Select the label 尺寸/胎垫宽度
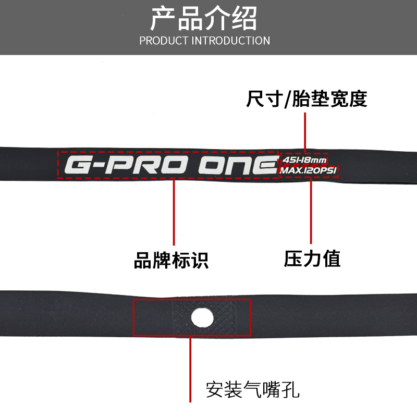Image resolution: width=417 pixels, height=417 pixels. pos(306,99)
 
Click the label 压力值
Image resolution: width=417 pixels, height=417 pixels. pos(312,259)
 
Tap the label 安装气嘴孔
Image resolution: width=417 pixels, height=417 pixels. pos(253,389)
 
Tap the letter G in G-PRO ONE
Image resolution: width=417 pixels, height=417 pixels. pos(79,166)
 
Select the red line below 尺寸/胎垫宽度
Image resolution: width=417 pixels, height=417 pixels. pos(305,130)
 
